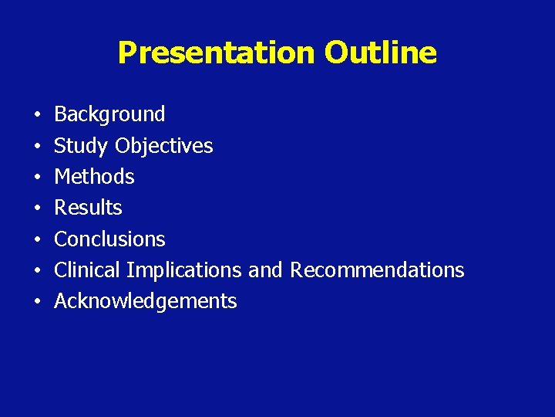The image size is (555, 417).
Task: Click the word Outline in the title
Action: click(380, 53)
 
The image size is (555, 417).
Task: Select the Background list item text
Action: click(109, 115)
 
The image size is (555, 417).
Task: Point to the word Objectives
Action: click(164, 146)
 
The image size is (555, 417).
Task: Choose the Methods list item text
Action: click(94, 177)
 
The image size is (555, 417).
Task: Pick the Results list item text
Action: click(88, 208)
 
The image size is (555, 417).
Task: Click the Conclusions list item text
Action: click(109, 239)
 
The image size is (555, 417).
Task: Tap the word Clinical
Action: click(87, 270)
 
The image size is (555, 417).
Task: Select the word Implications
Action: click(184, 270)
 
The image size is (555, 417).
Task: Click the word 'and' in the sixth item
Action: click(265, 270)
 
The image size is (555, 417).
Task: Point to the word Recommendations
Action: click(377, 270)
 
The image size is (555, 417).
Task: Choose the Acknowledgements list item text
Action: click(145, 301)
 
